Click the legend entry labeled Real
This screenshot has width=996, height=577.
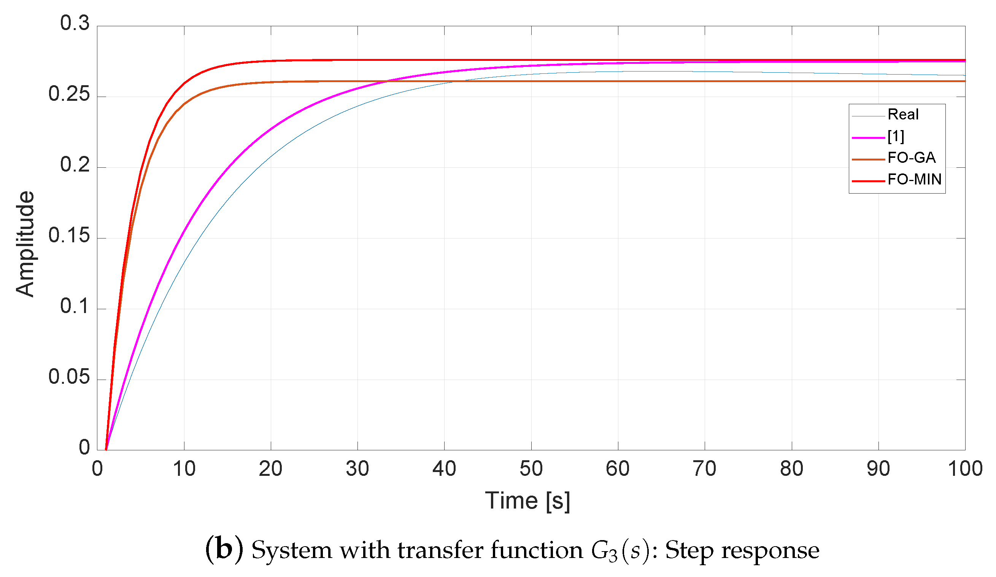click(x=903, y=114)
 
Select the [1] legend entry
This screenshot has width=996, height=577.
click(x=896, y=136)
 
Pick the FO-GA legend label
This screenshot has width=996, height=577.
click(x=912, y=158)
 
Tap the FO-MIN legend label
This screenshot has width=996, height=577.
click(x=914, y=180)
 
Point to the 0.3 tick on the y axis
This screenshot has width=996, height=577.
click(x=75, y=23)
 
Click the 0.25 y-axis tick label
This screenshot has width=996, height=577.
click(x=69, y=94)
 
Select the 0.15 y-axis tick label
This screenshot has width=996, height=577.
click(x=69, y=235)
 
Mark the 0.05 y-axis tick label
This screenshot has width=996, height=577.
click(x=69, y=377)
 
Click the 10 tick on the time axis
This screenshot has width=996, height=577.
click(x=184, y=469)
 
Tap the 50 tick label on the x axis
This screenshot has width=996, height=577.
click(x=531, y=469)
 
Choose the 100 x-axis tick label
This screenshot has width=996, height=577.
click(x=965, y=469)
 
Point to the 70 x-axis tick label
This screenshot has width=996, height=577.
click(x=704, y=469)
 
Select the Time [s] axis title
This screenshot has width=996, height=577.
click(x=527, y=501)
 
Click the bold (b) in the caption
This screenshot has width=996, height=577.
click(x=224, y=550)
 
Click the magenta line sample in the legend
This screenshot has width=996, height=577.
click(x=868, y=138)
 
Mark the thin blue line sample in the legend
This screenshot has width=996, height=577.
click(x=868, y=116)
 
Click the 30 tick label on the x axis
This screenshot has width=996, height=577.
click(x=357, y=469)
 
